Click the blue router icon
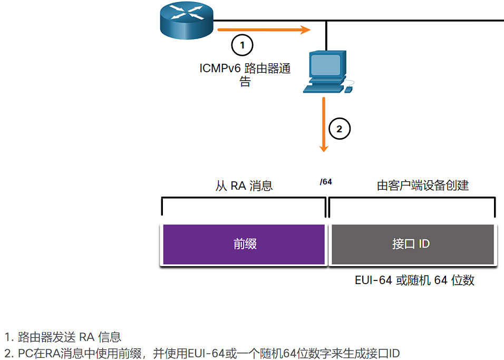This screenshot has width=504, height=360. pos(187,21)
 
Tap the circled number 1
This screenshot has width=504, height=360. pos(242,45)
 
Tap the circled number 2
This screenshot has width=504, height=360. pos(340,129)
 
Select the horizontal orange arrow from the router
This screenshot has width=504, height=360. pos(264,30)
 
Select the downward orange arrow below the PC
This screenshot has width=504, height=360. pos(324,124)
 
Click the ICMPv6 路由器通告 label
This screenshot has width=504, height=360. pos(245,74)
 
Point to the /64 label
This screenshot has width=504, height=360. pos(326,182)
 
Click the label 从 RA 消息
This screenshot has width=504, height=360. pos(244,186)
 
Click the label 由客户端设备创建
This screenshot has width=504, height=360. pos(423,186)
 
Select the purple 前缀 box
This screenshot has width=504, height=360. pos(244,244)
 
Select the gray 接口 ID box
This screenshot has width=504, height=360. pos(413,244)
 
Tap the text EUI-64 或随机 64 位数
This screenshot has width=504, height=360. pos(414,280)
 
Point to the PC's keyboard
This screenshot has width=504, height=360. pos(323,89)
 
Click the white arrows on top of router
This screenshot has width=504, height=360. pos(187,13)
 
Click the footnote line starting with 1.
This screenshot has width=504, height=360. pos(63,337)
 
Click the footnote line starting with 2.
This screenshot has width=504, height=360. pos(202,353)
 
